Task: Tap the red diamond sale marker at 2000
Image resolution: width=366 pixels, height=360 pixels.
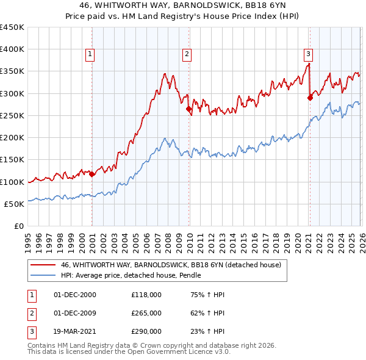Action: click(x=92, y=174)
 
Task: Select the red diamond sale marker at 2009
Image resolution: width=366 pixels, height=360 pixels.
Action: click(x=189, y=110)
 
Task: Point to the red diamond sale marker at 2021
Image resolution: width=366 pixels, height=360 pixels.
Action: click(x=310, y=97)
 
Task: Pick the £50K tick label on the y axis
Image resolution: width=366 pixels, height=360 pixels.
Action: click(x=15, y=204)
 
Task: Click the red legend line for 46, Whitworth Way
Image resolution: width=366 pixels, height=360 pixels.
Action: click(x=43, y=265)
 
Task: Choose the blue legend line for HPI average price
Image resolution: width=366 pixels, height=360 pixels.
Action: click(x=43, y=276)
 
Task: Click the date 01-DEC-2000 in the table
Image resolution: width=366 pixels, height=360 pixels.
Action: click(x=75, y=295)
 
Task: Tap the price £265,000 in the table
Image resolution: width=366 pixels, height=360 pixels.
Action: click(x=146, y=313)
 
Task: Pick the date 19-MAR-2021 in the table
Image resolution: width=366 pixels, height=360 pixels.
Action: click(x=76, y=331)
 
